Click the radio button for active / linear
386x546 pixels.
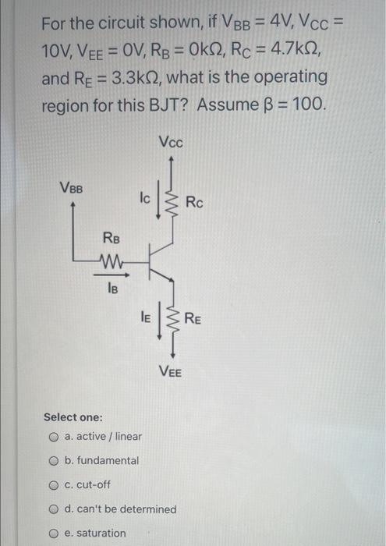(x=55, y=436)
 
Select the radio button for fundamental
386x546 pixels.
(x=55, y=460)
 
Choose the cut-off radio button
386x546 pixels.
(x=55, y=484)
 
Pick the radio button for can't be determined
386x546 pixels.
(x=55, y=509)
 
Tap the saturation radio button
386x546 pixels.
(x=55, y=533)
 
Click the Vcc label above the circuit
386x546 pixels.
(x=170, y=143)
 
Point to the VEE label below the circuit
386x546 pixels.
(x=170, y=371)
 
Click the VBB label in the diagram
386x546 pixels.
(x=72, y=188)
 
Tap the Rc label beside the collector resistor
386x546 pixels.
(x=195, y=203)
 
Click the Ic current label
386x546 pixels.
(x=145, y=199)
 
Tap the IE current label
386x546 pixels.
(x=145, y=316)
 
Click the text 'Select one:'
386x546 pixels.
(x=73, y=417)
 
